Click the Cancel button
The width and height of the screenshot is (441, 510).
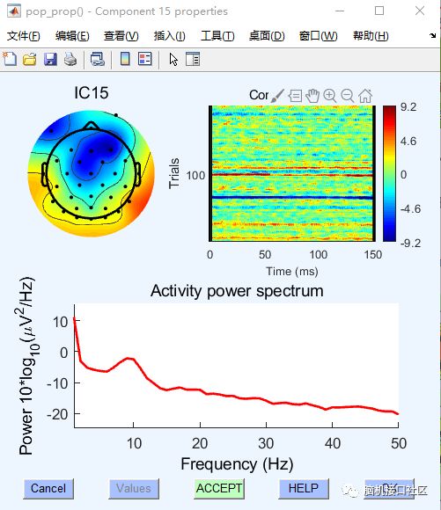point(48,488)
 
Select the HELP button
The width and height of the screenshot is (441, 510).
point(304,488)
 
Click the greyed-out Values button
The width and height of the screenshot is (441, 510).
point(134,488)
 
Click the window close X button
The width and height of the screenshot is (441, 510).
point(420,11)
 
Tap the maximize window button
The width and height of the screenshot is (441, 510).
point(379,11)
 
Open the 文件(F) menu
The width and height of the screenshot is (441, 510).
point(24,36)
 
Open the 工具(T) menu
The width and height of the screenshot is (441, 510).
point(217,36)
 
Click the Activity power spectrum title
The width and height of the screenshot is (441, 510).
point(237,291)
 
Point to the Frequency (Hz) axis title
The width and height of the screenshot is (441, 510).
point(237,463)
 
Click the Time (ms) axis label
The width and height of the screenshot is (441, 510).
point(291,272)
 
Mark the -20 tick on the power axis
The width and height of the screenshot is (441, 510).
point(59,413)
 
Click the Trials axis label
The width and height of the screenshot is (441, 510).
point(173,173)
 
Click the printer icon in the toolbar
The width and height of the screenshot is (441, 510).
point(70,59)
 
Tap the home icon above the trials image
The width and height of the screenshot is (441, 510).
point(365,95)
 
